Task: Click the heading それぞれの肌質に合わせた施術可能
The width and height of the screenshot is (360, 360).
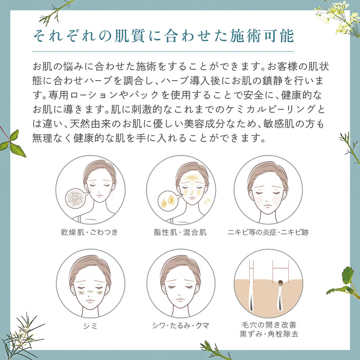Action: coord(164,36)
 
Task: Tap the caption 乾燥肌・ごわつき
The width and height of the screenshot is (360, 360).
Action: coord(90,233)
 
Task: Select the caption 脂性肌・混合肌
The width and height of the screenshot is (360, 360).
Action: coord(180,233)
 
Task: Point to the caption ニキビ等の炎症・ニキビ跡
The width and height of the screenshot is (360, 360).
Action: coord(268,233)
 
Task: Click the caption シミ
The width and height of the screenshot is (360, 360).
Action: coord(90,324)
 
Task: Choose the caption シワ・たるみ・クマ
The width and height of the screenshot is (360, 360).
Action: coord(180,324)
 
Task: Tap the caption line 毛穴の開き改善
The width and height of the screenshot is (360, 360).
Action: coord(268,324)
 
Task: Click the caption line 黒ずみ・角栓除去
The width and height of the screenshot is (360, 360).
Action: coord(268,334)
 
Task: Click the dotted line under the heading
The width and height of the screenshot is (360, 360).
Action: coord(164,51)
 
